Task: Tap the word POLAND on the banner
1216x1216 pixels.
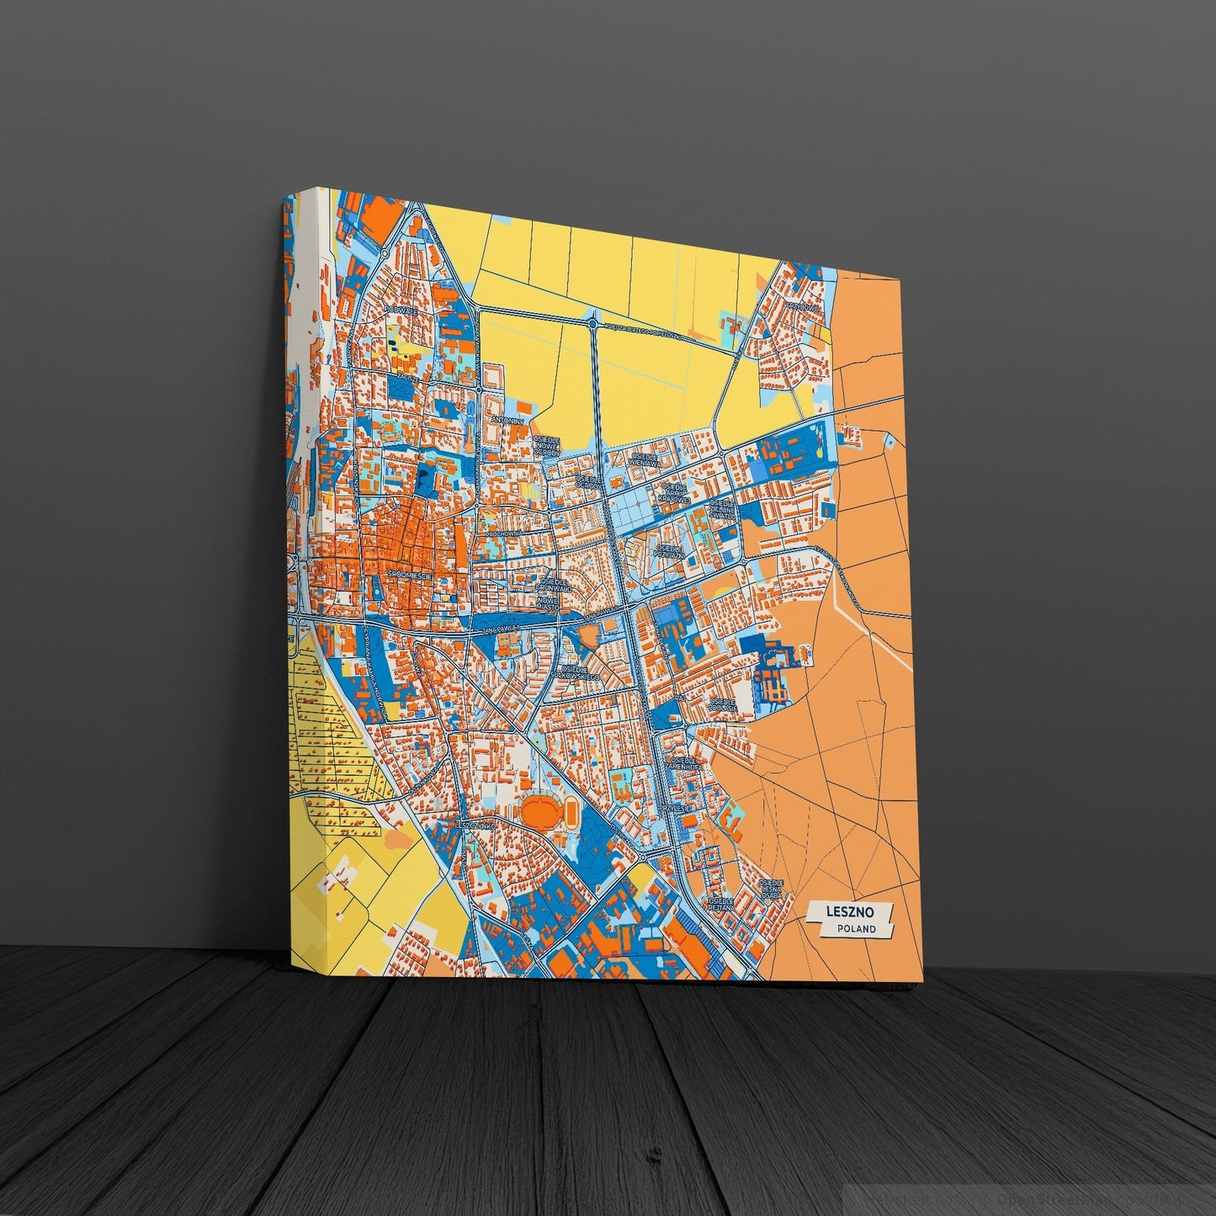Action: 856,929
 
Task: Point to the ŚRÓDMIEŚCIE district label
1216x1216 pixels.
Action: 410,574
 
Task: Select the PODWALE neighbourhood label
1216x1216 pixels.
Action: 400,311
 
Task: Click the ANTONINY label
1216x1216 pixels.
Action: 507,419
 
